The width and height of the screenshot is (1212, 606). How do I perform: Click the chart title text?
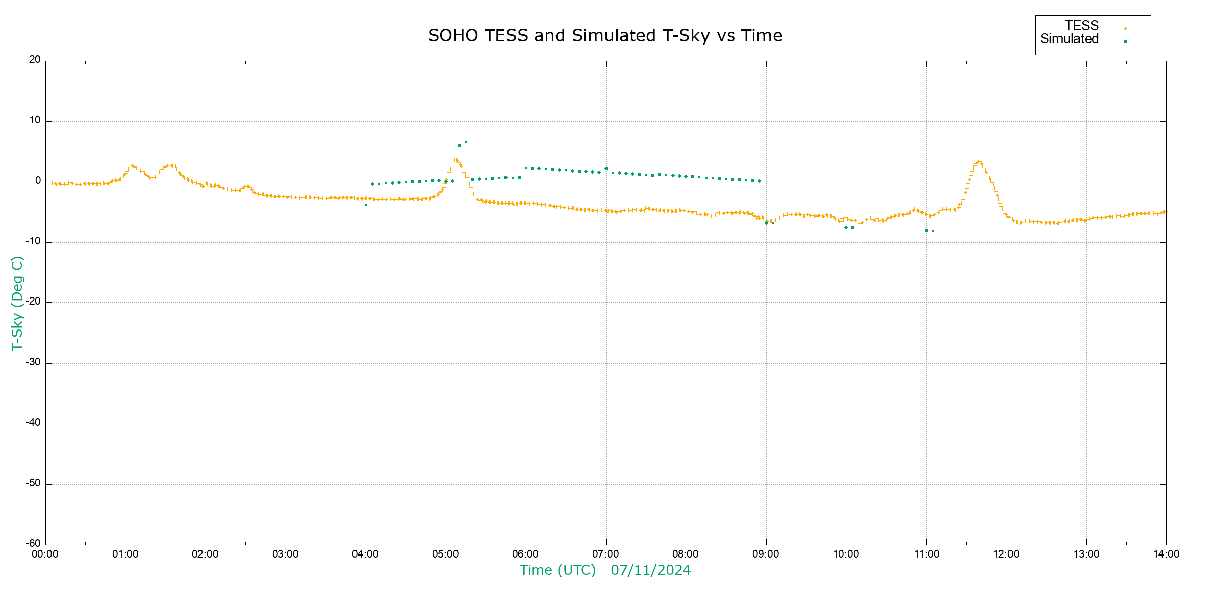[x=605, y=36]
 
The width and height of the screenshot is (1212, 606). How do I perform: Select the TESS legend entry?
[x=1082, y=26]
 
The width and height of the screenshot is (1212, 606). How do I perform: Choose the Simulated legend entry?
[x=1070, y=39]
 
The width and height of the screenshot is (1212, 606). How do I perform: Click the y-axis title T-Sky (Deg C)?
[x=17, y=303]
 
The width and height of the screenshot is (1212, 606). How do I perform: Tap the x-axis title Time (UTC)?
[x=558, y=570]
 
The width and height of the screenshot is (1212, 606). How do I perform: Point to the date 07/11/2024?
[x=650, y=570]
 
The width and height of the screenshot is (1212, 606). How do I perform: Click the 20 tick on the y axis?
[x=35, y=60]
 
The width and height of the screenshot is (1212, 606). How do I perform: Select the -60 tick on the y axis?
[x=33, y=544]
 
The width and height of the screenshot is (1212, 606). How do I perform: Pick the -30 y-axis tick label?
[x=33, y=363]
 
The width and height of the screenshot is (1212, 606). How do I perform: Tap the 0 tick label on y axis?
[x=38, y=181]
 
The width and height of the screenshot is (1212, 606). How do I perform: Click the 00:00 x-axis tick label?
[x=45, y=554]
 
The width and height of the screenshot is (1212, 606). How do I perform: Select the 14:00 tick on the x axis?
[x=1166, y=554]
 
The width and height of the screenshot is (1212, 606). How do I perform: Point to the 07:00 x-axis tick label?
[x=605, y=554]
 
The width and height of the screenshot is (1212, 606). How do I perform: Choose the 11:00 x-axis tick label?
[x=926, y=554]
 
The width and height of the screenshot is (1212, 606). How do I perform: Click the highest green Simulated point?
[x=466, y=142]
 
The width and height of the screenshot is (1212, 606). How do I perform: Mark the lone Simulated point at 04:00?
[x=366, y=205]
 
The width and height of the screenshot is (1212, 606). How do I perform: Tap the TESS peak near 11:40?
[x=979, y=162]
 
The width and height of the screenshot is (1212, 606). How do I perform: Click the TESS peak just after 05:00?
[x=456, y=160]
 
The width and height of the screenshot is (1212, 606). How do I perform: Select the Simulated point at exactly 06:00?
[x=526, y=168]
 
